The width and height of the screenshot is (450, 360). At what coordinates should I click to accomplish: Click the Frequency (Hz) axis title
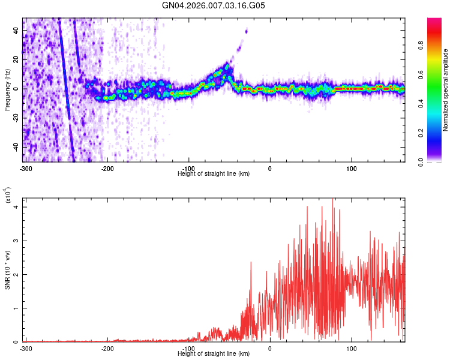click(x=7, y=90)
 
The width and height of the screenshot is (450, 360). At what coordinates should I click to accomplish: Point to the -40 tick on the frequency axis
click(x=14, y=146)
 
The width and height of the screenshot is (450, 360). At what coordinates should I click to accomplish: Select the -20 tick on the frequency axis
click(x=14, y=118)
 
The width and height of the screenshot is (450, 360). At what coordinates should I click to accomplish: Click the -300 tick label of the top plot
click(x=26, y=167)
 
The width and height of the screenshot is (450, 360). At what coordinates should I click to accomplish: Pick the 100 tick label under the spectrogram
click(x=352, y=167)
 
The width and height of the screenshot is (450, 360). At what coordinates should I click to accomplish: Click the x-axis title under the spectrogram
click(x=214, y=173)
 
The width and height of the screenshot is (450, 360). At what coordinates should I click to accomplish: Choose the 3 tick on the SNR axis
click(x=17, y=241)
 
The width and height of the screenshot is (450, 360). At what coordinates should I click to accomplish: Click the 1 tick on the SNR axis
click(x=17, y=308)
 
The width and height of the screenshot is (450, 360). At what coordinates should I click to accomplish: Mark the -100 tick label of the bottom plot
click(x=188, y=348)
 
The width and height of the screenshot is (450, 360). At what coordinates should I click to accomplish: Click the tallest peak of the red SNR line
click(x=333, y=199)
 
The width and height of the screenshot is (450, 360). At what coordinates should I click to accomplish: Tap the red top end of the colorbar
click(x=434, y=21)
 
